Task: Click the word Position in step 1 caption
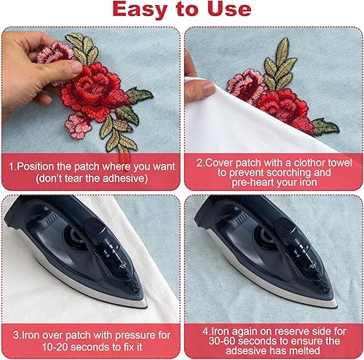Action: (41, 166)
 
